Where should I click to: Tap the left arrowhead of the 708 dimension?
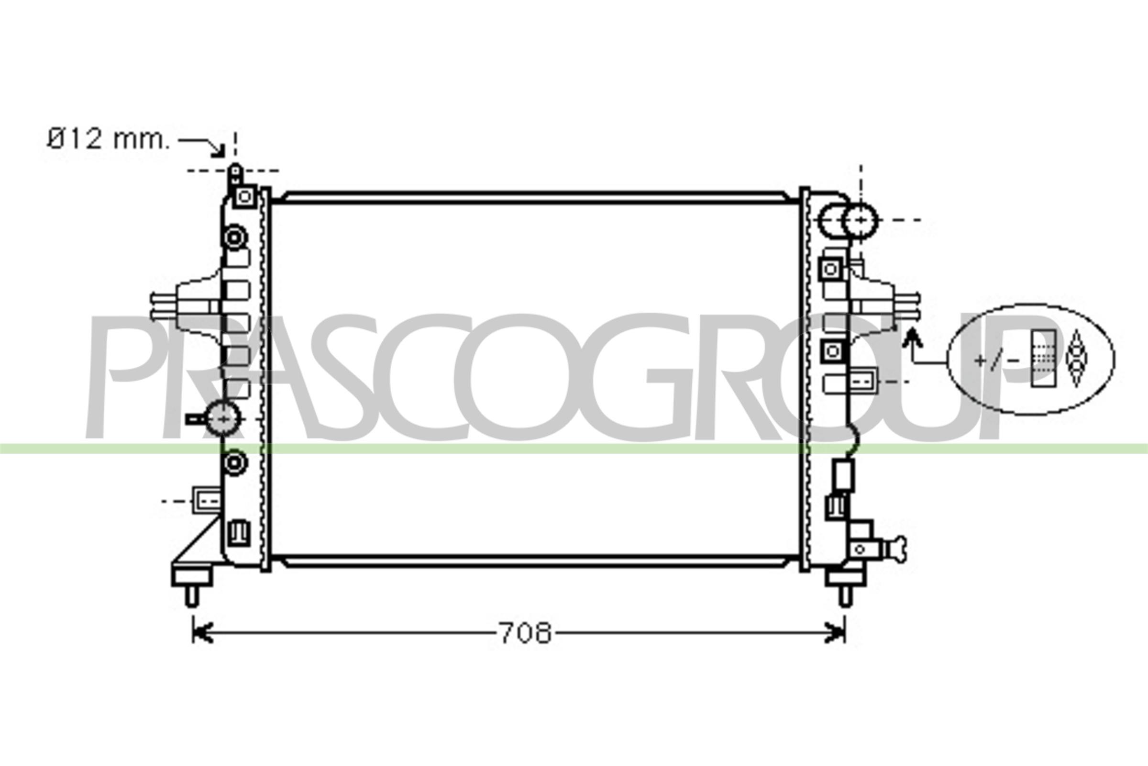point(202,633)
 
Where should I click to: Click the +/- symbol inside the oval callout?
point(997,360)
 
